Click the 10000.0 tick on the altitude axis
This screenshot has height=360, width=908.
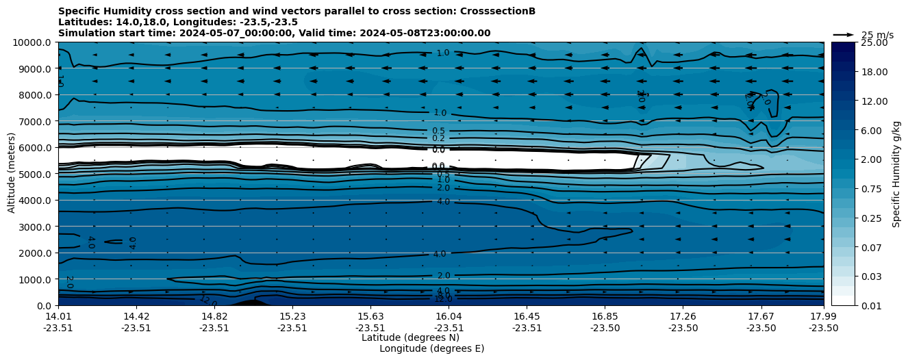pyautogui.click(x=34, y=42)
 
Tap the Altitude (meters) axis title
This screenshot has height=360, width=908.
pyautogui.click(x=12, y=174)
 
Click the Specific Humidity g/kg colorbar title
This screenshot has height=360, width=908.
pyautogui.click(x=898, y=174)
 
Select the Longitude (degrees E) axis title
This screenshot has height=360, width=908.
pyautogui.click(x=431, y=348)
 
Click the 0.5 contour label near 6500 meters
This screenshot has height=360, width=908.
pyautogui.click(x=438, y=131)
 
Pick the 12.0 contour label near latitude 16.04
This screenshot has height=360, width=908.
pyautogui.click(x=443, y=299)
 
